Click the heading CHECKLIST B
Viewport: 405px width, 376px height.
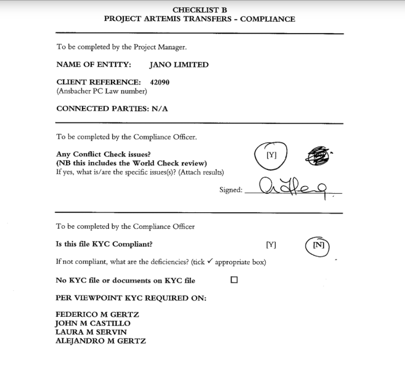(x=199, y=10)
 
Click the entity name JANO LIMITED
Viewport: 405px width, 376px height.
(x=179, y=65)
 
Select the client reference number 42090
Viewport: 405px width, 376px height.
(x=160, y=82)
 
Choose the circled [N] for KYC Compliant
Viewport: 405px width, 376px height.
(x=318, y=245)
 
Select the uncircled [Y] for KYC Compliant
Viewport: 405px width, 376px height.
(x=271, y=245)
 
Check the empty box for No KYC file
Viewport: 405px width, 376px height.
(x=234, y=280)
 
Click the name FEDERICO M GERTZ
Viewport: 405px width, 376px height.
(x=97, y=314)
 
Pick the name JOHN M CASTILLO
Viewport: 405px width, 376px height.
(x=93, y=323)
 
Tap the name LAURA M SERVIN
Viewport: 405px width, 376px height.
(x=91, y=332)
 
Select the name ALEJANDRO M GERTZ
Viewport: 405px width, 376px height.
(x=101, y=341)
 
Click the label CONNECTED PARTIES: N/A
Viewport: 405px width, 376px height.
(x=112, y=108)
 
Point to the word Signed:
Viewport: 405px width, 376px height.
(x=231, y=190)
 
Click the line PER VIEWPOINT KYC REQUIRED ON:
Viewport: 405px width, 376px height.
(x=131, y=297)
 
